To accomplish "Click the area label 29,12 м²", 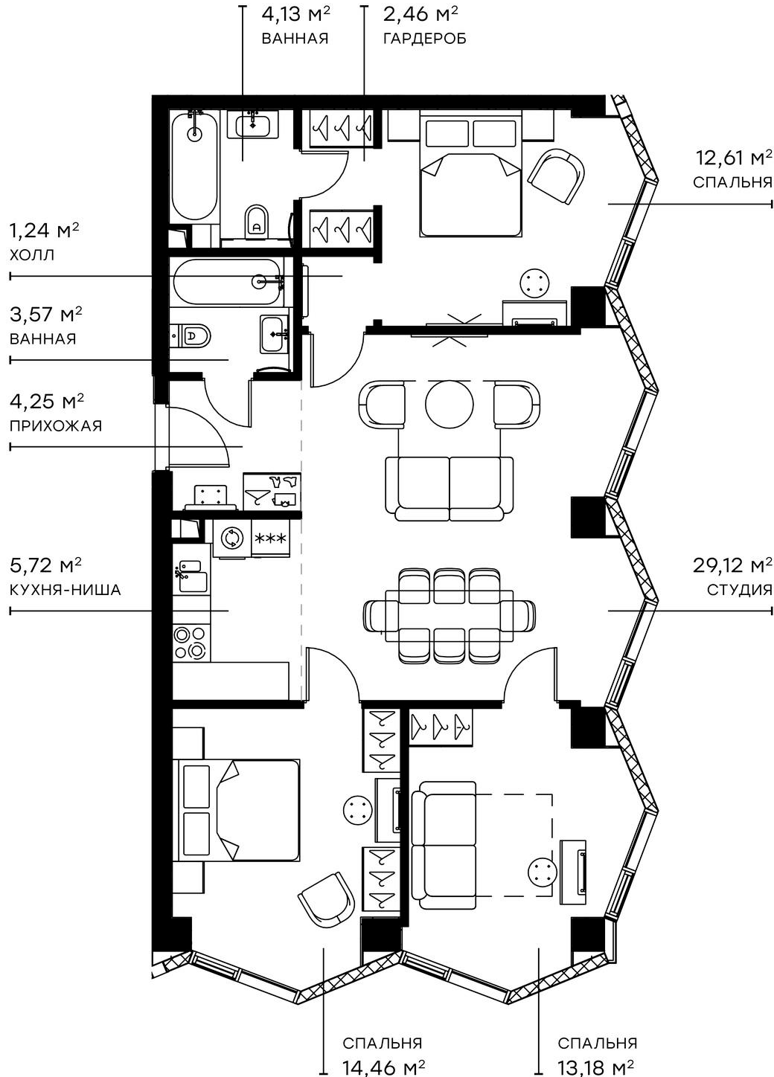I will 732,565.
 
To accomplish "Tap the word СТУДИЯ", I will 738,590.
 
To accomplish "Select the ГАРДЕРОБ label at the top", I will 424,39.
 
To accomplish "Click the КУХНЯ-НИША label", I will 65,590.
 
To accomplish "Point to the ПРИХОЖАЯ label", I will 55,426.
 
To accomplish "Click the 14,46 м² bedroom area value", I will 383,1067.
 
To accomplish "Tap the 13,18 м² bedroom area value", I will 596,1067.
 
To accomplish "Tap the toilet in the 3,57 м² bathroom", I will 194,336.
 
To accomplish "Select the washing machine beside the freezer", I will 231,538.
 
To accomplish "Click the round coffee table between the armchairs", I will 449,405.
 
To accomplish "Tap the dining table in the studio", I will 449,616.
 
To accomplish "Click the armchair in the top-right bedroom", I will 557,176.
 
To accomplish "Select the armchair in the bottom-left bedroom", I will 326,898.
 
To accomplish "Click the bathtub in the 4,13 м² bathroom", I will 195,166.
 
